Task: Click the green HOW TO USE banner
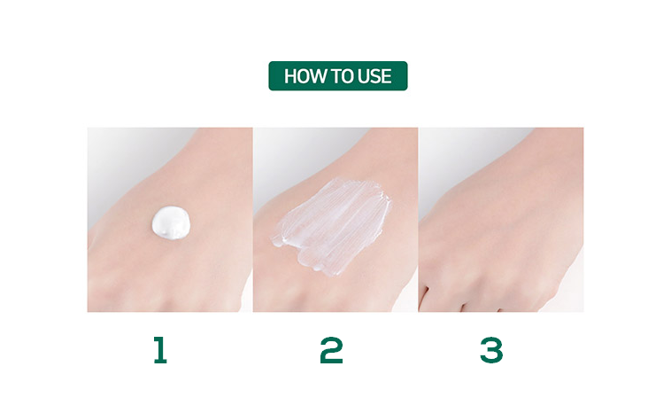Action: pyautogui.click(x=338, y=76)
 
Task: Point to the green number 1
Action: pyautogui.click(x=160, y=350)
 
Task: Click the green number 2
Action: pyautogui.click(x=332, y=350)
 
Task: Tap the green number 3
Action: pyautogui.click(x=491, y=350)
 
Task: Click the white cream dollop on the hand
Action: pyautogui.click(x=171, y=222)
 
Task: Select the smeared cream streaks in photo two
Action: pyautogui.click(x=332, y=226)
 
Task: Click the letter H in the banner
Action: pyautogui.click(x=290, y=77)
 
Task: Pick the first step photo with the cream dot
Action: pyautogui.click(x=170, y=220)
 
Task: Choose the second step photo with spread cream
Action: pyautogui.click(x=335, y=220)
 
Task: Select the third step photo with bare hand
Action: pyautogui.click(x=501, y=220)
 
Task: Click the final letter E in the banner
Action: pyautogui.click(x=387, y=77)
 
